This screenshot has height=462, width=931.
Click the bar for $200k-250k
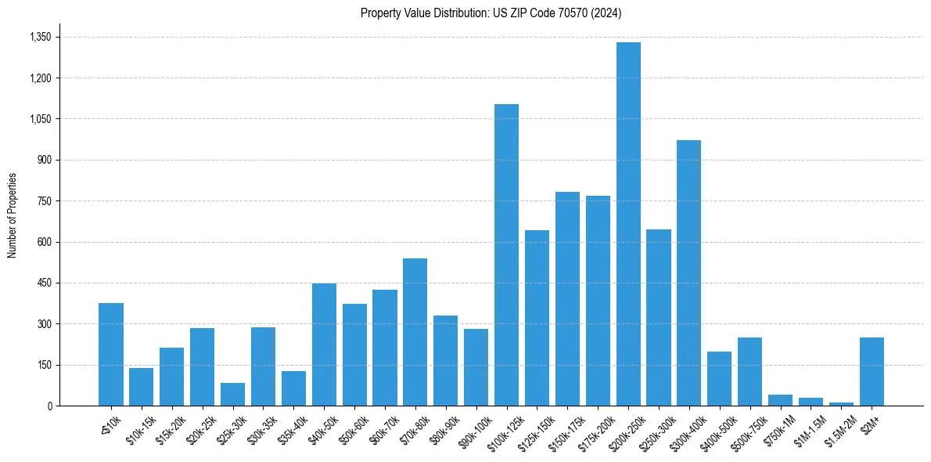pyautogui.click(x=628, y=224)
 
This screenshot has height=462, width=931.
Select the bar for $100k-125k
pyautogui.click(x=506, y=255)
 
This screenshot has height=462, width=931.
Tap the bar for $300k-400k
pyautogui.click(x=688, y=273)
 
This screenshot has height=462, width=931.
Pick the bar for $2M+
pyautogui.click(x=872, y=372)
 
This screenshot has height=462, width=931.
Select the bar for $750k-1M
pyautogui.click(x=780, y=400)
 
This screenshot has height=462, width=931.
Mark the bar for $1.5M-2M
pyautogui.click(x=841, y=404)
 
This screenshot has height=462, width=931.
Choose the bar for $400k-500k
pyautogui.click(x=719, y=379)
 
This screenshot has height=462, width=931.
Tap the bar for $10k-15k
pyautogui.click(x=141, y=387)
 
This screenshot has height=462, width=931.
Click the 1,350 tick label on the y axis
pyautogui.click(x=40, y=38)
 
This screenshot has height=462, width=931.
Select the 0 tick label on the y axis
pyautogui.click(x=49, y=406)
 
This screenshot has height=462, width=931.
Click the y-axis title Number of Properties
pyautogui.click(x=12, y=215)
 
